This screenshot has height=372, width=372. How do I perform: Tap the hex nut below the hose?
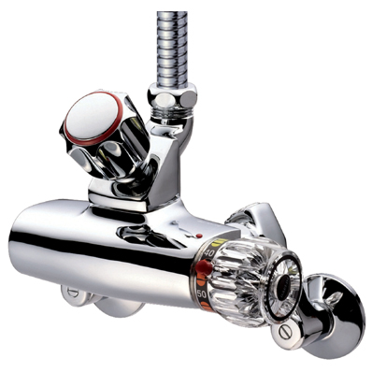point(173,94)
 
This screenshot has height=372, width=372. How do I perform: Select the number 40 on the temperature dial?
point(207,253)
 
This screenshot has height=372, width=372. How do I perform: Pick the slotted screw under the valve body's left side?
point(75,294)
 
